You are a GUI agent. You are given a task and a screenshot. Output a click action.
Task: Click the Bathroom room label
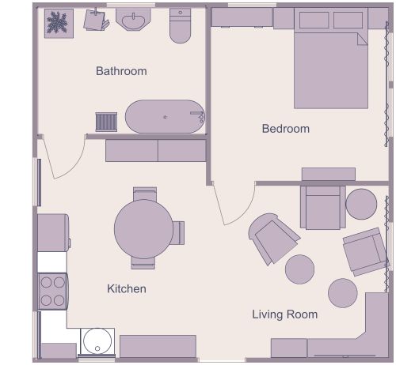point(121,71)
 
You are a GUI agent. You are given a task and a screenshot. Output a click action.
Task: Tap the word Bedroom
point(285,129)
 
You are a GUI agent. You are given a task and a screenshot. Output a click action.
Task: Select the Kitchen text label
point(127,289)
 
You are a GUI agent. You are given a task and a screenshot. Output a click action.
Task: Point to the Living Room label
point(284,314)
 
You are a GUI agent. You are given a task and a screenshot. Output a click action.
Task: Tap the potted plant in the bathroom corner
point(58,23)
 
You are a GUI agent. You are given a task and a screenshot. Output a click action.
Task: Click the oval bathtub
point(165,117)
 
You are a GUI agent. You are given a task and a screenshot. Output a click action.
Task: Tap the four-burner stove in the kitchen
point(52,291)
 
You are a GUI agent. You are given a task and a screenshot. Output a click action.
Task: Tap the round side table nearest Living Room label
point(301,269)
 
